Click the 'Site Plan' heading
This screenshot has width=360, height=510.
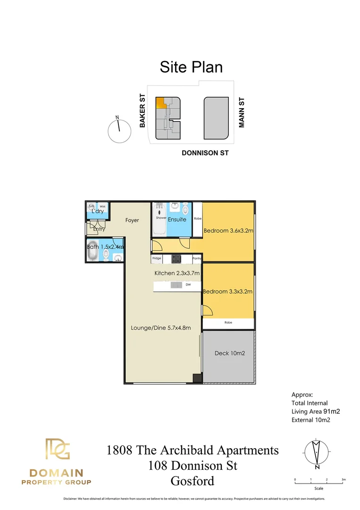pyautogui.click(x=191, y=67)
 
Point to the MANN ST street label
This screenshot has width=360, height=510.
pyautogui.click(x=242, y=113)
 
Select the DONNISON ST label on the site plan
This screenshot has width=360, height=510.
pyautogui.click(x=205, y=153)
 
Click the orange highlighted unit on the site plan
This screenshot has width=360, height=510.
pyautogui.click(x=161, y=102)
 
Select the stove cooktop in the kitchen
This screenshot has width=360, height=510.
pyautogui.click(x=176, y=259)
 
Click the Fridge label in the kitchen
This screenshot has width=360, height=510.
pyautogui.click(x=157, y=259)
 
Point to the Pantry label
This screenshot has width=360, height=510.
pyautogui.click(x=197, y=259)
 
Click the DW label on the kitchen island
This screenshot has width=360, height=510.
pyautogui.click(x=188, y=285)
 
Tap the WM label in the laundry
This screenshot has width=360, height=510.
pyautogui.click(x=102, y=206)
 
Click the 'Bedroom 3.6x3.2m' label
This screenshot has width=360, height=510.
pyautogui.click(x=228, y=231)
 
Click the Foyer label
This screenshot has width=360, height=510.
pyautogui.click(x=132, y=220)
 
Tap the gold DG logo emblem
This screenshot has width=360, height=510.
pyautogui.click(x=57, y=449)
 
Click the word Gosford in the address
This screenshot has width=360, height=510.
pyautogui.click(x=193, y=481)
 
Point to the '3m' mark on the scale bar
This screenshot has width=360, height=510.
pyautogui.click(x=343, y=479)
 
